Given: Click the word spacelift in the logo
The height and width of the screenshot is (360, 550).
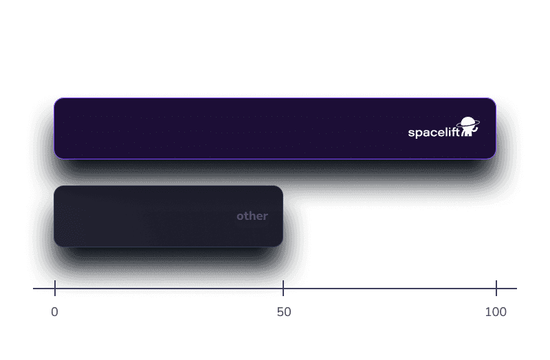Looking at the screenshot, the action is (434, 133).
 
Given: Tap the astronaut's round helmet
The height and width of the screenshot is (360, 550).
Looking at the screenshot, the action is (468, 122).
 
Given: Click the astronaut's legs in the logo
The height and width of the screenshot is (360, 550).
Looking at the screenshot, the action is (466, 133).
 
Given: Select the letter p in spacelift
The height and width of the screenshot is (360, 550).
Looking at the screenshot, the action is (418, 133).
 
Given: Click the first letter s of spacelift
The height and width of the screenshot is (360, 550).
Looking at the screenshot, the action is (410, 133).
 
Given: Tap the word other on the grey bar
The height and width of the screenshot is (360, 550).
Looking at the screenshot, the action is (252, 216).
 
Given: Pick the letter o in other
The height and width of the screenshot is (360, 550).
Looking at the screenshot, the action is (240, 216).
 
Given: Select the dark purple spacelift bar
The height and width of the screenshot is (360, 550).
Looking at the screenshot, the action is (275, 128).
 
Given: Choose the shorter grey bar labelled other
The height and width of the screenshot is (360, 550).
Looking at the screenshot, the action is (168, 216).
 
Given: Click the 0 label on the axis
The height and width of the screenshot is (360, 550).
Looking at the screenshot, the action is (54, 312).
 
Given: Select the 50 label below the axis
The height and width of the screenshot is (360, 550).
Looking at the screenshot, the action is (284, 312).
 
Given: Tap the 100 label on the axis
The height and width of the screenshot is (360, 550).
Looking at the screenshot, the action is (496, 312).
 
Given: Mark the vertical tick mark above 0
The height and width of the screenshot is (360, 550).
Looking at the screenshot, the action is (55, 288).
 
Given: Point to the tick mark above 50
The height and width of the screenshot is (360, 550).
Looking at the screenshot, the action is (283, 288).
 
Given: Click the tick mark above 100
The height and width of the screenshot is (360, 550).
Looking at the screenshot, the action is (496, 288).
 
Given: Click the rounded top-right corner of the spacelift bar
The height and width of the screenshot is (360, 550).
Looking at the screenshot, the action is (494, 100).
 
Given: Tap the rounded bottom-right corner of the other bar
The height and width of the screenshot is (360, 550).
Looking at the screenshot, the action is (280, 245).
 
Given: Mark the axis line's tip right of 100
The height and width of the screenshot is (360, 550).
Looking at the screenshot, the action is (517, 289).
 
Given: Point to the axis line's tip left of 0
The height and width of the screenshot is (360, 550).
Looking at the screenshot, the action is (33, 289).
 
